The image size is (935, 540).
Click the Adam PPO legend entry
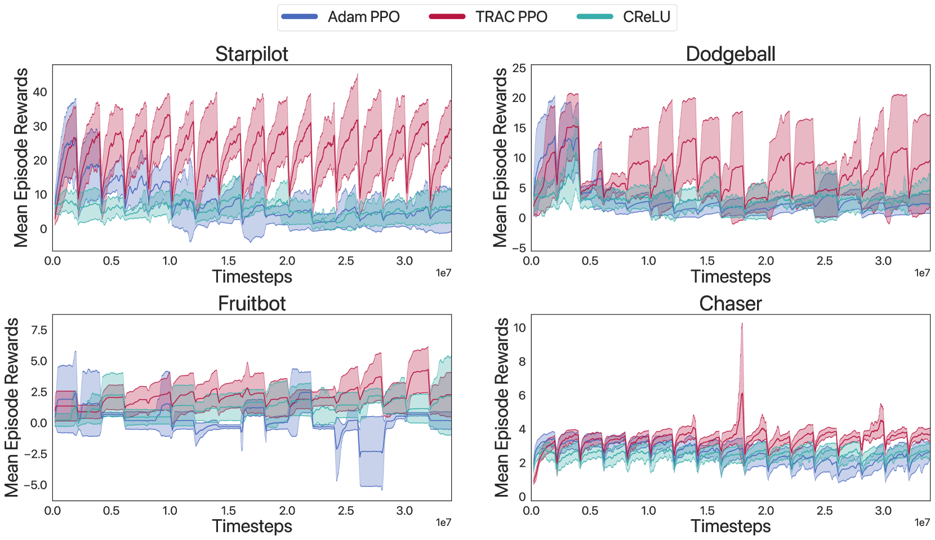[341, 17]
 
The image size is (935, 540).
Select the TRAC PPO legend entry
[488, 17]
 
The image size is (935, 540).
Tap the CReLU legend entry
[624, 17]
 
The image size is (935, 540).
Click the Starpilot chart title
[252, 54]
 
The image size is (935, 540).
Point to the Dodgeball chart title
[731, 54]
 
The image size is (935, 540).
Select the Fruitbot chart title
[252, 304]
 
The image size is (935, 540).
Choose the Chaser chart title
[731, 304]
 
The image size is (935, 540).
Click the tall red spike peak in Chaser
[742, 324]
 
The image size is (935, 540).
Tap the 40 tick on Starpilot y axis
[40, 92]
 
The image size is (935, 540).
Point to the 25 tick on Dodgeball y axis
[519, 68]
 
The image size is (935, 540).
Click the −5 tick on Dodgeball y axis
[519, 248]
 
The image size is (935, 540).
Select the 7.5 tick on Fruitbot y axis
[39, 330]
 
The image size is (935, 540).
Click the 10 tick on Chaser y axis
[519, 328]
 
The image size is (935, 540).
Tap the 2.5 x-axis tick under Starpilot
[346, 261]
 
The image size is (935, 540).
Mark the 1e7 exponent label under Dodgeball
[922, 273]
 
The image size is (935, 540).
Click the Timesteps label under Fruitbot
[252, 526]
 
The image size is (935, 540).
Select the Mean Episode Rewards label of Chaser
[501, 407]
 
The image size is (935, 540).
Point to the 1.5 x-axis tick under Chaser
[707, 511]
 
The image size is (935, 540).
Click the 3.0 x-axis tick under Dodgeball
[883, 261]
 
